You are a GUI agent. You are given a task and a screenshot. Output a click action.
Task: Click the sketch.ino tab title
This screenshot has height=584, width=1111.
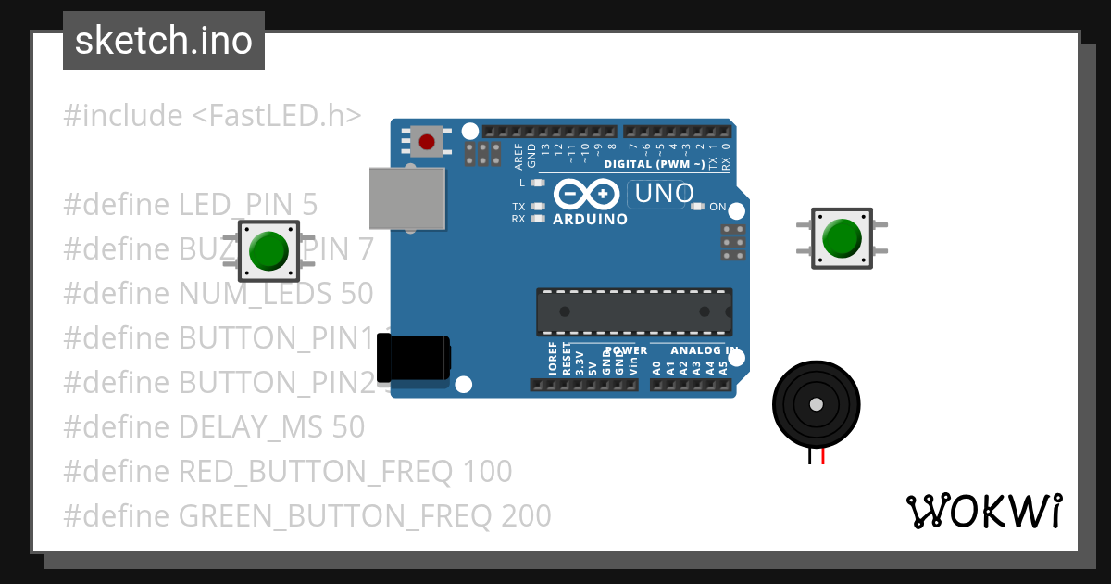click(164, 41)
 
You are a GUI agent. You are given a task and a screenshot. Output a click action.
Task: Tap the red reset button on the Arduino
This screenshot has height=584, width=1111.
click(426, 142)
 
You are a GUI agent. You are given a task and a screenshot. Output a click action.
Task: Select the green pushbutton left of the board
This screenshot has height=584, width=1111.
click(268, 250)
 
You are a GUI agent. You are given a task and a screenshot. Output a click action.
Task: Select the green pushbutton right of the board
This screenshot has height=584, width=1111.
click(842, 238)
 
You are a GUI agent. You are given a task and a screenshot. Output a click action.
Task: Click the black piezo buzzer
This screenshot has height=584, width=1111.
click(815, 405)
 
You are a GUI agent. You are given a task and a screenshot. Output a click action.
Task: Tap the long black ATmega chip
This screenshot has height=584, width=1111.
click(634, 311)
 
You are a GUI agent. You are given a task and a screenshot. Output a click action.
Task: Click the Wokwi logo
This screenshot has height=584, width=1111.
click(983, 511)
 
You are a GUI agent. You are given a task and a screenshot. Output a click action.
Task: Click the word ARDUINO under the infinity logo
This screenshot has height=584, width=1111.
click(590, 220)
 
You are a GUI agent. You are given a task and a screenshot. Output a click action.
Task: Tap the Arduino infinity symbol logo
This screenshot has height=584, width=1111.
click(587, 194)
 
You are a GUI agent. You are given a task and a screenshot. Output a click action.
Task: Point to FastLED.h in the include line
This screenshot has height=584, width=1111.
click(275, 116)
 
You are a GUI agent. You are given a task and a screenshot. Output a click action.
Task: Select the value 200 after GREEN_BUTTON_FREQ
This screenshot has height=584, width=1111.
click(526, 514)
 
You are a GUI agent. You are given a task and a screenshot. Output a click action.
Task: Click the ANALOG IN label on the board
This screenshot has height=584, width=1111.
click(704, 351)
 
